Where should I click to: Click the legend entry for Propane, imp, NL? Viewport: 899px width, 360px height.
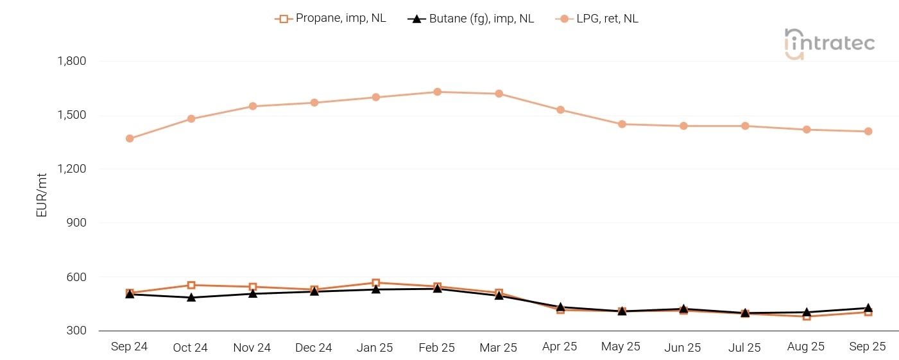pyautogui.click(x=330, y=19)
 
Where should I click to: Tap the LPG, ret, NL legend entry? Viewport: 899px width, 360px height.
pyautogui.click(x=597, y=19)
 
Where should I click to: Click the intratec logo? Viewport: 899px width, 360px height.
pyautogui.click(x=829, y=44)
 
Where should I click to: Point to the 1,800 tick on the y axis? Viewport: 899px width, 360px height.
pyautogui.click(x=72, y=62)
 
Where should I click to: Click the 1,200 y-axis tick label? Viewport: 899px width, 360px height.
pyautogui.click(x=72, y=169)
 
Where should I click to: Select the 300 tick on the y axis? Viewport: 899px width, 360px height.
pyautogui.click(x=76, y=331)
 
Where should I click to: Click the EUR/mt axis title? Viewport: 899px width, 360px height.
pyautogui.click(x=42, y=195)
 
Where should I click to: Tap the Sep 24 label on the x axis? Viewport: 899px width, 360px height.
pyautogui.click(x=129, y=347)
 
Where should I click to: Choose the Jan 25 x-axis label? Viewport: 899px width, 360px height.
pyautogui.click(x=375, y=347)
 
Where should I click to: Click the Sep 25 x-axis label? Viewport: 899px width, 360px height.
pyautogui.click(x=868, y=347)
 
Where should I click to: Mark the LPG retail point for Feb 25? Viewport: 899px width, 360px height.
pyautogui.click(x=437, y=92)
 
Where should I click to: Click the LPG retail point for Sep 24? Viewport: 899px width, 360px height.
pyautogui.click(x=130, y=139)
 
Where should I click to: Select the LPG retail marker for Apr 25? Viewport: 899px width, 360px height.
pyautogui.click(x=560, y=110)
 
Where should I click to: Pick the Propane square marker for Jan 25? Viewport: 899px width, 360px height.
pyautogui.click(x=375, y=283)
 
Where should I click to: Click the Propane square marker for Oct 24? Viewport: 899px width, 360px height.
pyautogui.click(x=191, y=285)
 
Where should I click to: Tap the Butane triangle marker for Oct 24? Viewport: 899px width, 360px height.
pyautogui.click(x=191, y=297)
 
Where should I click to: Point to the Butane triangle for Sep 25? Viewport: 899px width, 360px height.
pyautogui.click(x=868, y=308)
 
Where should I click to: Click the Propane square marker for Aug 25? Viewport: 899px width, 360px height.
pyautogui.click(x=807, y=316)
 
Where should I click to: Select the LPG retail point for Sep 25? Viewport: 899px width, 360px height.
pyautogui.click(x=868, y=132)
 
